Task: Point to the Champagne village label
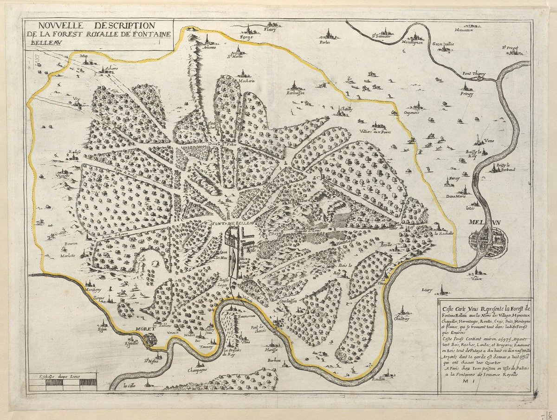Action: [x=198, y=370]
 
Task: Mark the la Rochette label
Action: [x=443, y=233]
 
